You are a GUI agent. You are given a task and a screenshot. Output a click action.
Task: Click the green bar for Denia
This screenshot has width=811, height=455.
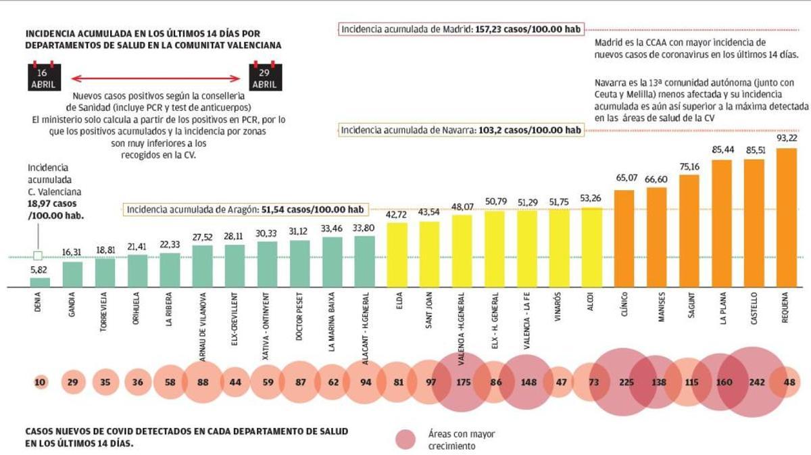click(40, 282)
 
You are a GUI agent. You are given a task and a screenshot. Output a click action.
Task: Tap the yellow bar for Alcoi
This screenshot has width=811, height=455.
click(591, 247)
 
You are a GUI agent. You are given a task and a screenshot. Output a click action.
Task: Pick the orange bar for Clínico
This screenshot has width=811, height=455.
click(624, 238)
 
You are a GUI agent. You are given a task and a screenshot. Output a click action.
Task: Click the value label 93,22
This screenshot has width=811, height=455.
click(786, 138)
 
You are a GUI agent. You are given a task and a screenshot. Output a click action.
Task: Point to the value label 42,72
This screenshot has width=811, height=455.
click(397, 214)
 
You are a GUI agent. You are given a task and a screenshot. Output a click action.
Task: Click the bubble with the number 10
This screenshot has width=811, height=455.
click(40, 382)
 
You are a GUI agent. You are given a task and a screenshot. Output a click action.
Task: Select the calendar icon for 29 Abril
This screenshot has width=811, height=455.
click(265, 77)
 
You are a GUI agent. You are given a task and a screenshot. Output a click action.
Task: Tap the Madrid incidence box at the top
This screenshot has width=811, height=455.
click(462, 30)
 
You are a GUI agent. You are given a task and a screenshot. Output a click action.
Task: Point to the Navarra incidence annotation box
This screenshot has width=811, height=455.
click(461, 130)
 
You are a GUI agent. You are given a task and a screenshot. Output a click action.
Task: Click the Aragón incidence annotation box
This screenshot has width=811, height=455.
click(247, 210)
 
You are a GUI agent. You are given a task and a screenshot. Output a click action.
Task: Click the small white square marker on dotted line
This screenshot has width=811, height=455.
click(38, 256)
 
